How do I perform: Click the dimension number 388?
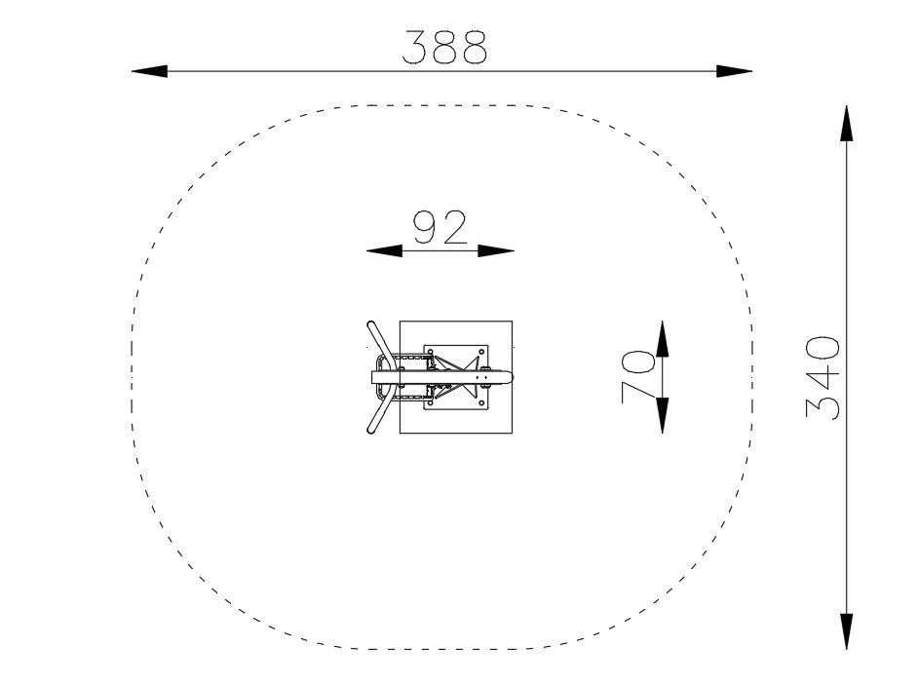pos(444,47)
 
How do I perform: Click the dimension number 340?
pos(823,377)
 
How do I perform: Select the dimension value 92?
pos(440,227)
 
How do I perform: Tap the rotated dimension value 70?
pos(637,377)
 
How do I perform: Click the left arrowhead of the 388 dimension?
pos(149,71)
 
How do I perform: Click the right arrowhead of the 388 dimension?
pos(735,71)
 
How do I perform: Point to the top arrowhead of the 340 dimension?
pos(846,124)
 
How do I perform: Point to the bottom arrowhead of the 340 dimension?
pos(846,631)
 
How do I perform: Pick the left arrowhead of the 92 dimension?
pos(385,250)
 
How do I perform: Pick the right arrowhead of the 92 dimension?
pos(496,250)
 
